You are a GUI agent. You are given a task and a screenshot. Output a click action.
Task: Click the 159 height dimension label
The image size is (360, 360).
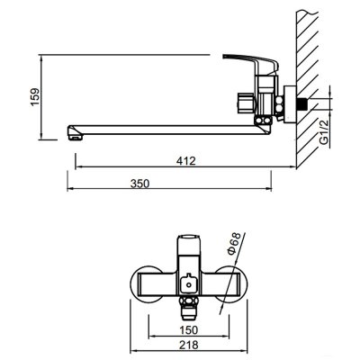(35, 96)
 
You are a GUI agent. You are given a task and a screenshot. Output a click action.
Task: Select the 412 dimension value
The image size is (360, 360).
(185, 161)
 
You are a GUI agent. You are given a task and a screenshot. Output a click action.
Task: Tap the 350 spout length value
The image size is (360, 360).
(139, 184)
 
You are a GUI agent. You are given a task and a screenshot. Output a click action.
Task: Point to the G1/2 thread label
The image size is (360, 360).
(324, 131)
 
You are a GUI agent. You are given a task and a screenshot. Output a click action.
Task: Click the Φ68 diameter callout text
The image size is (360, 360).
(234, 244)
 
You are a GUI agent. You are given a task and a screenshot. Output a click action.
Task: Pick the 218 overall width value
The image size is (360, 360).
(189, 345)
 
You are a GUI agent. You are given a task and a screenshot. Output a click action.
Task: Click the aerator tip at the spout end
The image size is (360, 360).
(75, 138)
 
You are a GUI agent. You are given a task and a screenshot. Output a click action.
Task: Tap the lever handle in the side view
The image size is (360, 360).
(251, 62)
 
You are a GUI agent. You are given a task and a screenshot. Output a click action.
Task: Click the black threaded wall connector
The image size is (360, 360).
(303, 104)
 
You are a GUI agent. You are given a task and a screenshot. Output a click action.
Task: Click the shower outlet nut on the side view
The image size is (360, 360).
(245, 103)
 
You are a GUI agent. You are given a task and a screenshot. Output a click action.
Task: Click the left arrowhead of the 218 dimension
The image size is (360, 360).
(134, 350)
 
